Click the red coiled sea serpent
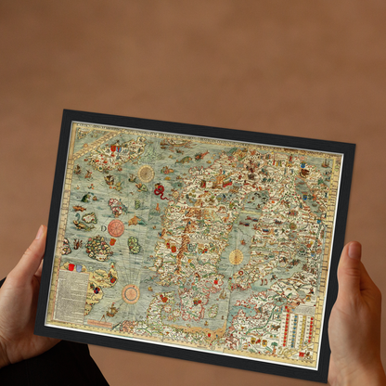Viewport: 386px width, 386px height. pos(159,190)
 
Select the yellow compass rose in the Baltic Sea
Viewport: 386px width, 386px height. pos(237,257)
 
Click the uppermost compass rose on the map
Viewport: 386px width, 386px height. pos(146,173)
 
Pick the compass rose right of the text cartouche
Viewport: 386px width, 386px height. pos(131,293)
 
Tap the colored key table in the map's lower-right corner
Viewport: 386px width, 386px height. pos(302,327)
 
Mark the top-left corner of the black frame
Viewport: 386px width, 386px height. pos(64,111)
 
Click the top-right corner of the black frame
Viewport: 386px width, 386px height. pos(354,145)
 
